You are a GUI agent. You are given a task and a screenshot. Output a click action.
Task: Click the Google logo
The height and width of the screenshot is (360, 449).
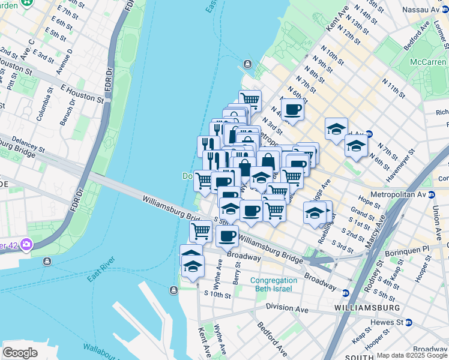[20, 352]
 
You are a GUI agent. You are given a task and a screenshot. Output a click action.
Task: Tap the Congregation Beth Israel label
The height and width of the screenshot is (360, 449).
[273, 284]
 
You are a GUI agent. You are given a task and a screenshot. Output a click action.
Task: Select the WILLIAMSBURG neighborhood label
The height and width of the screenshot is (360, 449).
[367, 308]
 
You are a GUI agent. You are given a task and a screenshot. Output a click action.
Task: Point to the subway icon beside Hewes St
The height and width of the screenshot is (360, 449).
[409, 322]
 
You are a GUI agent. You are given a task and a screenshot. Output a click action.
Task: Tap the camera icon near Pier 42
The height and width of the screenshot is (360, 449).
[26, 244]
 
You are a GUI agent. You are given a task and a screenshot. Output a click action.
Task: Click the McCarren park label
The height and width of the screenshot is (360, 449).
[429, 62]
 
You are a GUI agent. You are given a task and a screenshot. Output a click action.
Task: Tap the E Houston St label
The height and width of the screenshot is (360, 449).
[82, 92]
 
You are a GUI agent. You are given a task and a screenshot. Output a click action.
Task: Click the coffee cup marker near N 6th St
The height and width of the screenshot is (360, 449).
[292, 109]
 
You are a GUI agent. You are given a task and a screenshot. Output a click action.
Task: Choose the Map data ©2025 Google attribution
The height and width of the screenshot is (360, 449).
[412, 355]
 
